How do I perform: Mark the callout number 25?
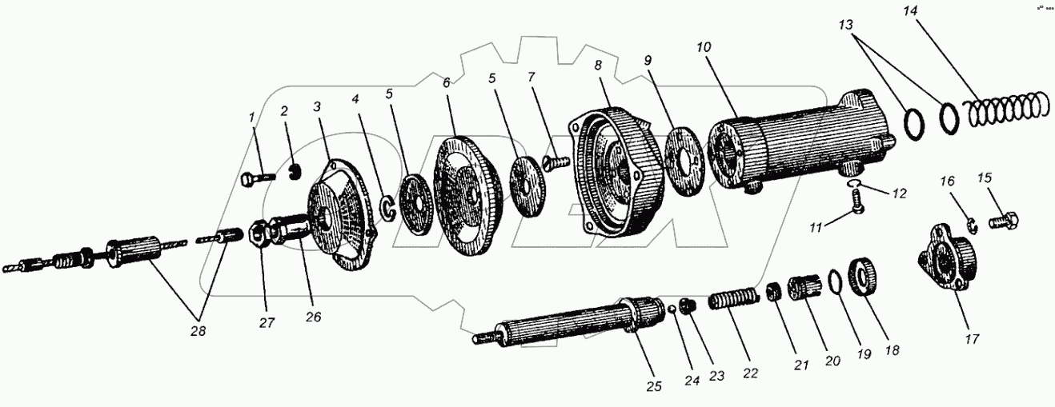[x=655, y=386]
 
